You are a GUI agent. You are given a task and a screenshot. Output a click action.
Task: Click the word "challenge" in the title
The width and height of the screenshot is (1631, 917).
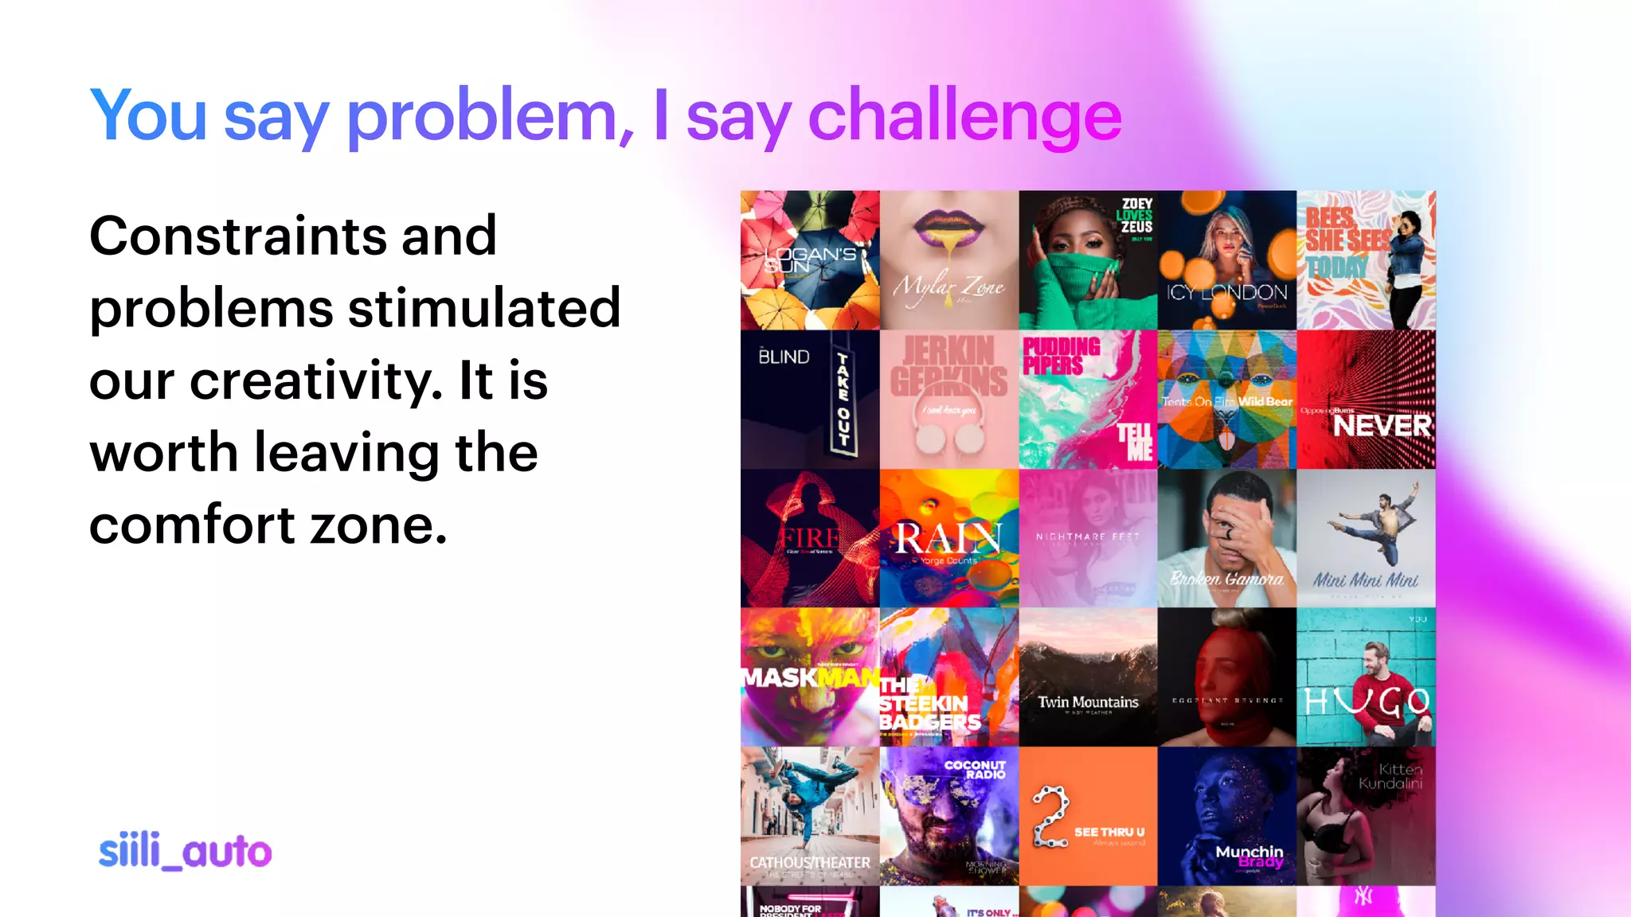click(964, 116)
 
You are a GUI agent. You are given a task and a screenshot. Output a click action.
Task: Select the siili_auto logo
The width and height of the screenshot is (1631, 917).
click(185, 851)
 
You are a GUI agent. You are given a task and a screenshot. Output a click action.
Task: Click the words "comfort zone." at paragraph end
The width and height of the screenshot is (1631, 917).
click(268, 525)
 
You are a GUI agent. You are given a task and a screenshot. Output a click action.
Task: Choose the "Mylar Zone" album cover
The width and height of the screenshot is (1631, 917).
click(949, 260)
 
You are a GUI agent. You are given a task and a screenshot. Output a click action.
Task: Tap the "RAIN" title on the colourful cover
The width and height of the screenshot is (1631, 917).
click(948, 539)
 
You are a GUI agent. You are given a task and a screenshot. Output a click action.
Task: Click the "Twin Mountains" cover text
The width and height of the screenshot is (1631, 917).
click(1088, 702)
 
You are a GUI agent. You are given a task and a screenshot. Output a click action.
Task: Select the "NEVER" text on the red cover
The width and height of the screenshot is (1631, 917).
click(1383, 426)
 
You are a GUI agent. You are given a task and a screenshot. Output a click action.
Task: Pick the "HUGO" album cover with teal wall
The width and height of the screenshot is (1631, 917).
click(1366, 677)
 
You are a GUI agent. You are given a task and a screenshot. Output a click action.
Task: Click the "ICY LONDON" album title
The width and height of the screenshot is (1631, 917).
click(1226, 293)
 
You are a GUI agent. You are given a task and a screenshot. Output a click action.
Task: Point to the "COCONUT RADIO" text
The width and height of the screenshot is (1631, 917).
click(976, 769)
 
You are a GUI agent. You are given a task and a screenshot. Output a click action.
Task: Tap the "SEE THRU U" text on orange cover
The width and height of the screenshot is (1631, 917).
click(1109, 832)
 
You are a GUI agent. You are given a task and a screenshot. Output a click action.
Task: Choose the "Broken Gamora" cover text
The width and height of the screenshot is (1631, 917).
click(1226, 579)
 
